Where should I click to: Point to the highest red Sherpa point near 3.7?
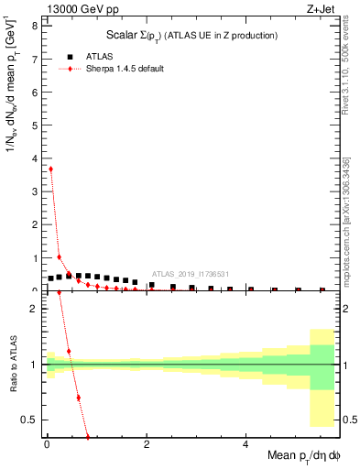(50, 169)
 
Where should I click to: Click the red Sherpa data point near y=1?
(60, 256)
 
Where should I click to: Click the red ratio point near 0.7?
(79, 398)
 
